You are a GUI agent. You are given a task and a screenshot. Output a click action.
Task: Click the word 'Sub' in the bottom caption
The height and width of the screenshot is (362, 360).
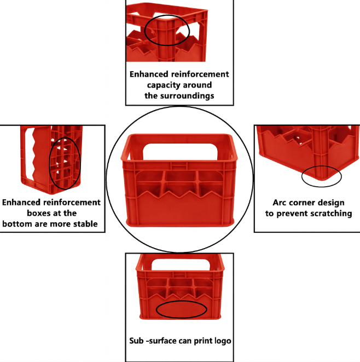click(137, 341)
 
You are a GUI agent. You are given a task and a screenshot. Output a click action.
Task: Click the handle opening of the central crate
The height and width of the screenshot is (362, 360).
click(180, 152)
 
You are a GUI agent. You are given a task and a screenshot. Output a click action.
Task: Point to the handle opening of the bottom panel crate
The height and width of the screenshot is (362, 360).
click(181, 265)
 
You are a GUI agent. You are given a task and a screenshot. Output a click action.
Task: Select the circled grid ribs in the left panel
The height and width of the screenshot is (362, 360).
click(65, 163)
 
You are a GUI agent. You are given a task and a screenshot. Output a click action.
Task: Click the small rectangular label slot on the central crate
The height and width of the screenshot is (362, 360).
click(179, 165)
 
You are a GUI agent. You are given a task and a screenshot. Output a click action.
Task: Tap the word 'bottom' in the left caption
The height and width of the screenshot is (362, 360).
click(17, 223)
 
